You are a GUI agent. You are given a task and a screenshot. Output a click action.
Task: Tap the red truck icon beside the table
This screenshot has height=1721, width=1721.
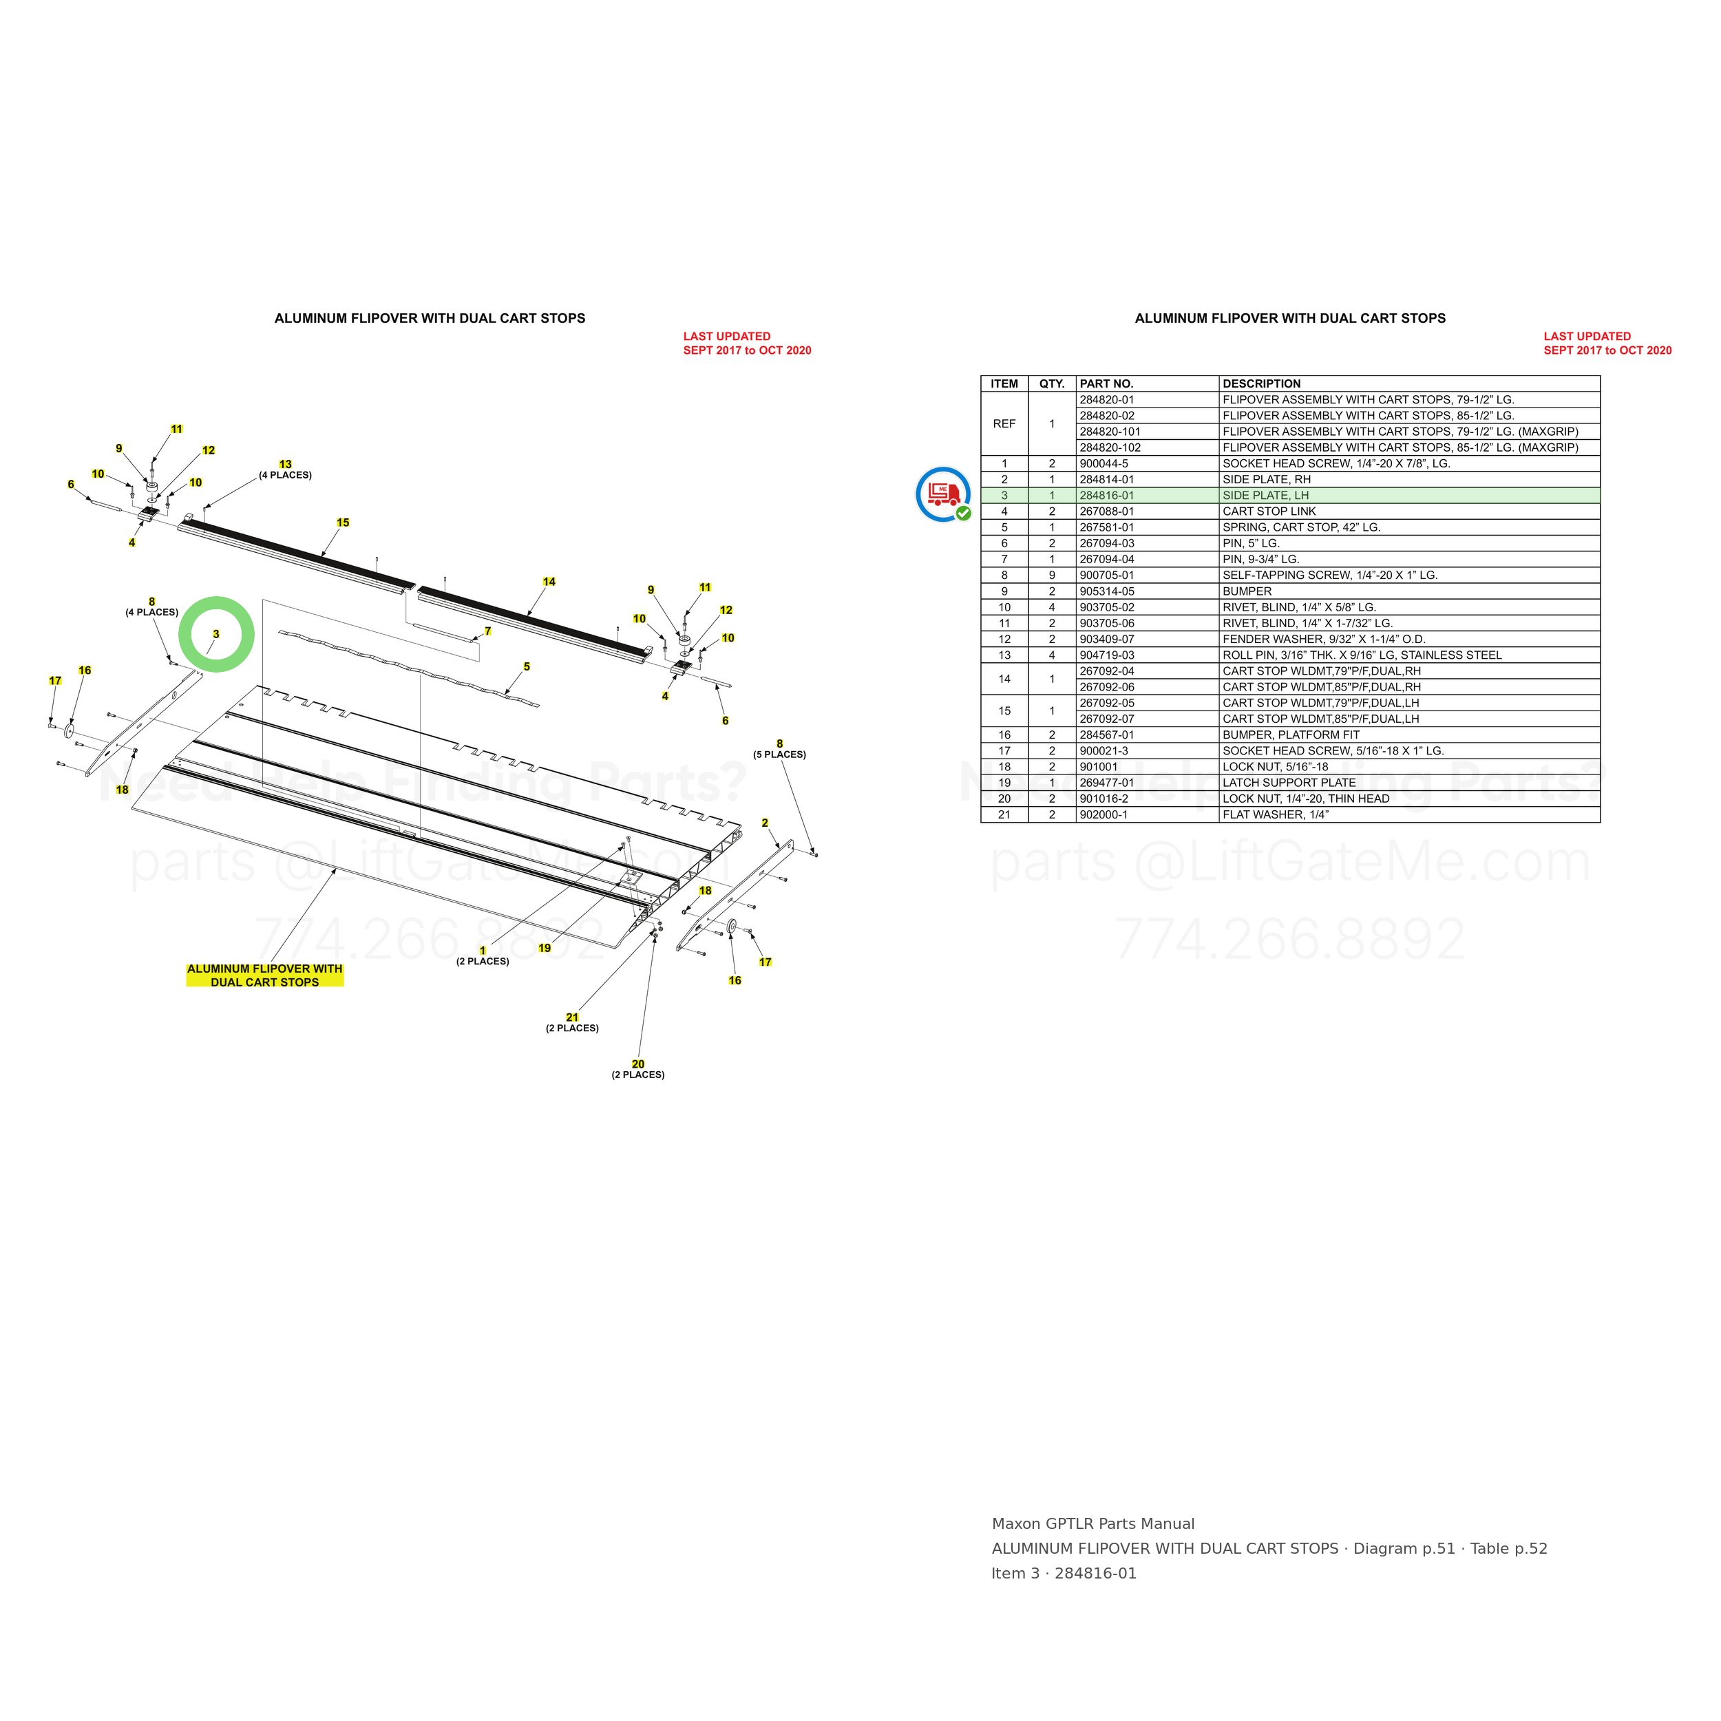click(x=943, y=494)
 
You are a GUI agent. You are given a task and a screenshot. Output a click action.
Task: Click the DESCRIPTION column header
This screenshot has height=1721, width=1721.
click(x=1261, y=384)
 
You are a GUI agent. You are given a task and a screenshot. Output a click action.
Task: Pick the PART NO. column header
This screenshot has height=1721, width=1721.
click(x=1106, y=384)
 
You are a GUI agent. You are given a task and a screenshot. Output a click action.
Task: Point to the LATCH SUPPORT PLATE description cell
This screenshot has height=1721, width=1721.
click(x=1289, y=783)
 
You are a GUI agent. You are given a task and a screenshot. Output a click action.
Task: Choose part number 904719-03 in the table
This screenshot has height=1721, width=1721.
click(x=1106, y=655)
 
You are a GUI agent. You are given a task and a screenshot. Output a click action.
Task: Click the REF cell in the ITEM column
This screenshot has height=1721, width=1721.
click(x=1004, y=424)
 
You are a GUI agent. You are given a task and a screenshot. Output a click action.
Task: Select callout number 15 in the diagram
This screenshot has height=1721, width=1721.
click(x=343, y=523)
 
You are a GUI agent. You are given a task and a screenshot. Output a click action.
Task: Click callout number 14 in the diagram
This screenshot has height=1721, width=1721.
click(x=549, y=582)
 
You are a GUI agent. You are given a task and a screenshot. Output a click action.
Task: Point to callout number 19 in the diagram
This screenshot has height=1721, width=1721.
click(x=545, y=948)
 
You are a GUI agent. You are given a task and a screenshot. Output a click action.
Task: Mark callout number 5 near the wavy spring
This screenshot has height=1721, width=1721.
click(x=527, y=666)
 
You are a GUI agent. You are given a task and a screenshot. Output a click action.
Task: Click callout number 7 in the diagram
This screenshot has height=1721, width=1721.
click(x=487, y=631)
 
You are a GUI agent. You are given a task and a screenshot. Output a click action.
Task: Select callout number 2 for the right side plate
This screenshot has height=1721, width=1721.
click(x=764, y=823)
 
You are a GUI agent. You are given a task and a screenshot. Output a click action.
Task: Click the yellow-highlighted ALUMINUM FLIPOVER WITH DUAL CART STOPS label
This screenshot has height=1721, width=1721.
click(x=264, y=975)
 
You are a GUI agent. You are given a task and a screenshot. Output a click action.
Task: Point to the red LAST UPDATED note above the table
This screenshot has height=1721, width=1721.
click(x=1608, y=343)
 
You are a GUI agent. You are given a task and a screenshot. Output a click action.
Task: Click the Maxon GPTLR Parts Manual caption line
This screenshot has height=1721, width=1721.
click(x=1093, y=1524)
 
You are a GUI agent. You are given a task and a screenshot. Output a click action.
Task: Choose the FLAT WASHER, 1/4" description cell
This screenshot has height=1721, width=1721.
click(x=1276, y=815)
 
